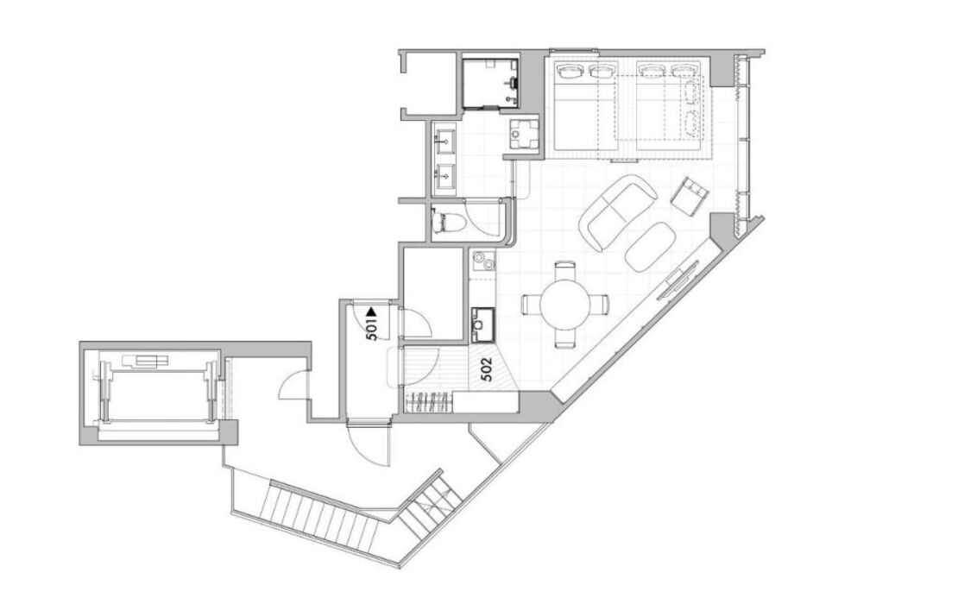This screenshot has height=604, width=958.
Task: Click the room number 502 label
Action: point(487,369)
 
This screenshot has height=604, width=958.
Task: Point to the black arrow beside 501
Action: point(371,312)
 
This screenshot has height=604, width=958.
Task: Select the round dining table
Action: point(566,304)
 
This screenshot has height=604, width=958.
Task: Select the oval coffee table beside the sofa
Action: point(650,247)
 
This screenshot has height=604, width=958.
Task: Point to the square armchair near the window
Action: point(690,196)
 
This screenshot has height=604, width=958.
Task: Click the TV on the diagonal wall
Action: point(678,280)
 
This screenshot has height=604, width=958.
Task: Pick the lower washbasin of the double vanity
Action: point(444,176)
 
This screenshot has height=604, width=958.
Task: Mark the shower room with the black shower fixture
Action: point(490,83)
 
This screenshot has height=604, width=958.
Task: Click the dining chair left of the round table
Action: point(531,304)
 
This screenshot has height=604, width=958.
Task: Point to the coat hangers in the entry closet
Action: point(430,402)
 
